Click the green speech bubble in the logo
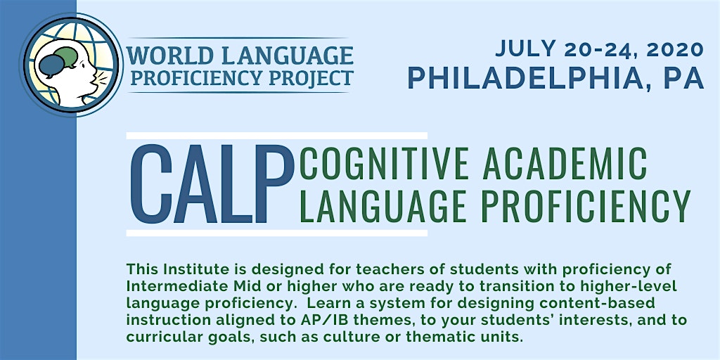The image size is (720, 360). pyautogui.click(x=67, y=56)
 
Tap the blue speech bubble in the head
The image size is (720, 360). pyautogui.click(x=51, y=65)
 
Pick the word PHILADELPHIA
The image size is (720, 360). pyautogui.click(x=522, y=78)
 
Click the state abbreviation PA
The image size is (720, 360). pyautogui.click(x=683, y=78)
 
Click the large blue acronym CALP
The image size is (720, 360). pyautogui.click(x=212, y=184)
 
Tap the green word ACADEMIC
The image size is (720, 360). pyautogui.click(x=565, y=163)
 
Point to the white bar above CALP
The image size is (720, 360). pyautogui.click(x=276, y=136)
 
